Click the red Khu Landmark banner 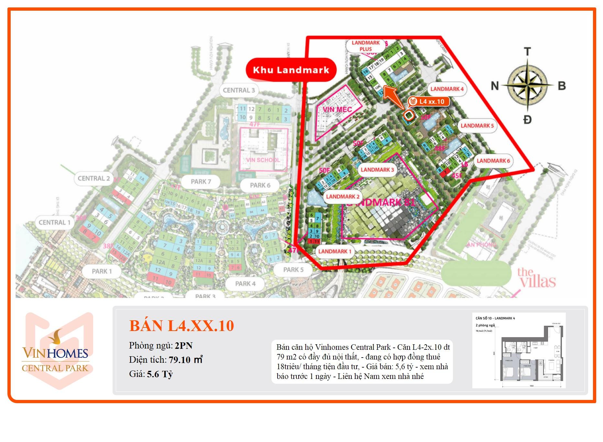click(291, 70)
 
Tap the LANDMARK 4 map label click(447, 89)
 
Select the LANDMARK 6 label click(493, 161)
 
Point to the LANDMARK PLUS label click(366, 46)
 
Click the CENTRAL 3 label click(239, 91)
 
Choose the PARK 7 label click(201, 182)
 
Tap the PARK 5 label click(293, 270)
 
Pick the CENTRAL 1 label click(54, 223)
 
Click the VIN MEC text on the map click(337, 109)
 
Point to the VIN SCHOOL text click(263, 160)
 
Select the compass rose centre click(527, 85)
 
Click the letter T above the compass click(527, 52)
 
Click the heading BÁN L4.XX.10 click(181, 326)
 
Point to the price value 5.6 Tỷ click(160, 374)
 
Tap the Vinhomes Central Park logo click(55, 351)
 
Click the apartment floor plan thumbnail click(519, 350)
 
